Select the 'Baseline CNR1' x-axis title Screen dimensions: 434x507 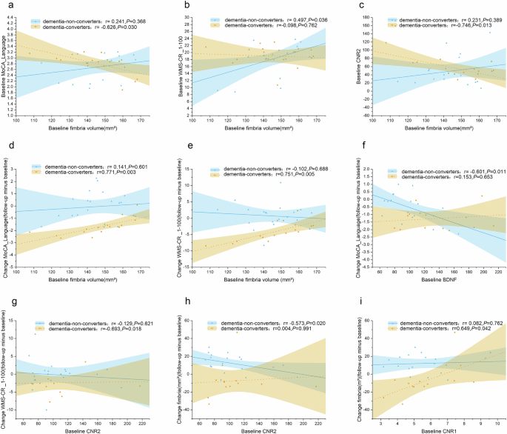tap(429, 430)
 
